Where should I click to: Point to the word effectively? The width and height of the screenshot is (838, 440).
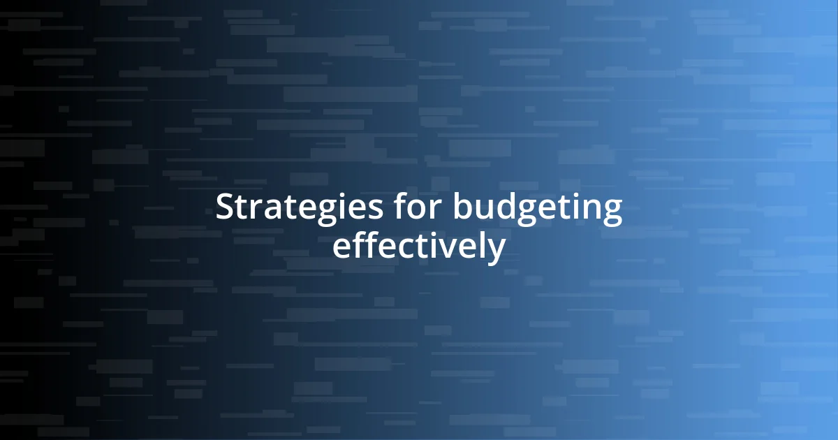point(418,247)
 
